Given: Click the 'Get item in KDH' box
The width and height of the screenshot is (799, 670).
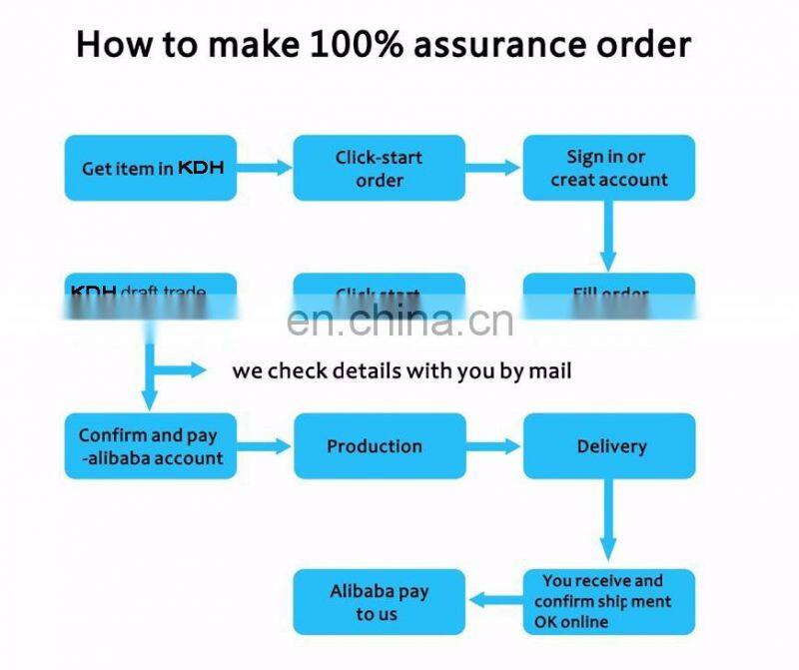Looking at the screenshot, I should (151, 168).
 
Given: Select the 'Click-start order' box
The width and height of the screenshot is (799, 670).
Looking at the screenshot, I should (379, 168).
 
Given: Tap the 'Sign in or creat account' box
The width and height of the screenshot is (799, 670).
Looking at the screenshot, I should (608, 168).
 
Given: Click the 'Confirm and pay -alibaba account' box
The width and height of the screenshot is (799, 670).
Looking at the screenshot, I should (151, 445).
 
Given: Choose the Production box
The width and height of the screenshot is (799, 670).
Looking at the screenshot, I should (379, 445).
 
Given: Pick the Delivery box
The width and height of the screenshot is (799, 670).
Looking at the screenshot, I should (608, 445).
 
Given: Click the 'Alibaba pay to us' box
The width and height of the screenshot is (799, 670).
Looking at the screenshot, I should (379, 602).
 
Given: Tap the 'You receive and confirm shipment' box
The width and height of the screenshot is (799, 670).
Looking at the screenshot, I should (608, 601).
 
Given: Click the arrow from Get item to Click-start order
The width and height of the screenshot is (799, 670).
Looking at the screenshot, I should (265, 168).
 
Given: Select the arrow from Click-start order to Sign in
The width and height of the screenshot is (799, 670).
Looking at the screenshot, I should (493, 168).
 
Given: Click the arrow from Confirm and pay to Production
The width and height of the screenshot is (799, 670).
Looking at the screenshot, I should (265, 446).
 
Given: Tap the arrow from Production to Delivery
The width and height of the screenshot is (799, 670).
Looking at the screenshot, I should (493, 446).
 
